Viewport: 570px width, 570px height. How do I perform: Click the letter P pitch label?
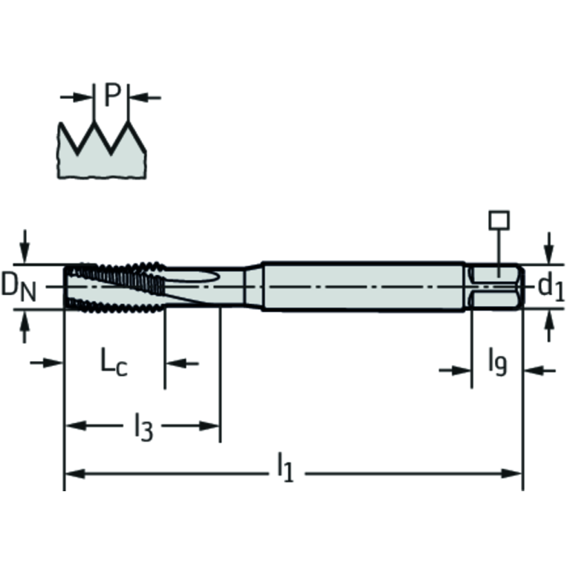pos(111,95)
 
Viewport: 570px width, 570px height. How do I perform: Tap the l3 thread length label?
pos(143,427)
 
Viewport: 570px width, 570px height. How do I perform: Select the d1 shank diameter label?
pos(551,286)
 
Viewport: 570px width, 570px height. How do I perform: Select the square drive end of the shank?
pos(497,286)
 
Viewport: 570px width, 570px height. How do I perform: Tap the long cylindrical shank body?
pos(364,286)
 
